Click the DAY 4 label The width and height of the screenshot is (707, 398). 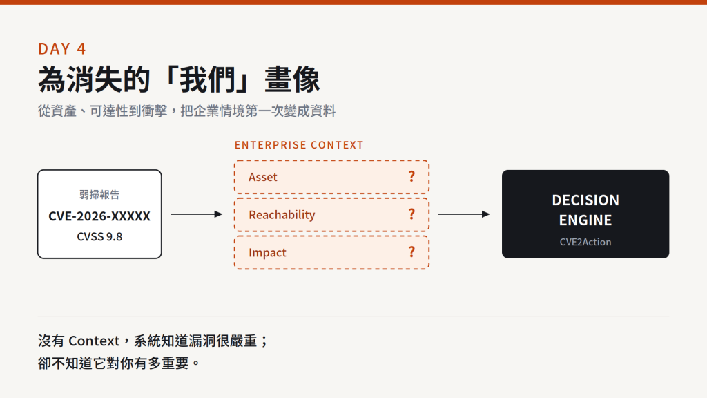pos(61,49)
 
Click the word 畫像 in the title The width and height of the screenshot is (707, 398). pos(292,79)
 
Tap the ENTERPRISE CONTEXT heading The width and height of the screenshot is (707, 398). pos(299,145)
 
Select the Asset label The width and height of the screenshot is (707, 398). pos(263,177)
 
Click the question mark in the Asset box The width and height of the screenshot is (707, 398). pos(411,176)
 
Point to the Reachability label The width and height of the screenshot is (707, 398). pos(282,215)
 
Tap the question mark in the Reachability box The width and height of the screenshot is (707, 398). pos(411,214)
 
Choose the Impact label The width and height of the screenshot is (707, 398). pos(267,253)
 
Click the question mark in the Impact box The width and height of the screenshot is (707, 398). pos(411,252)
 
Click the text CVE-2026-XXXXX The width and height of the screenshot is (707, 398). pos(99,216)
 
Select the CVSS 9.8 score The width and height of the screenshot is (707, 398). pos(99,236)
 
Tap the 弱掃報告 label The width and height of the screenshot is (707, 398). pos(99,194)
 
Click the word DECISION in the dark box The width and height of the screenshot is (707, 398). pos(585,200)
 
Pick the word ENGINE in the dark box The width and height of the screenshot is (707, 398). pos(585,220)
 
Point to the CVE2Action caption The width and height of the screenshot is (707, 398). pos(585,242)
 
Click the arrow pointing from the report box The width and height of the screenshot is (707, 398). pos(197,214)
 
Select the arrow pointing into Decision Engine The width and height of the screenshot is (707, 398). pos(464,214)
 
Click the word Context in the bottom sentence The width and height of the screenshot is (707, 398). pos(94,341)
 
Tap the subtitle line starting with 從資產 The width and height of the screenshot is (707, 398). pos(186,111)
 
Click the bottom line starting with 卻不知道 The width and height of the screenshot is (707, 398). pos(119,363)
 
